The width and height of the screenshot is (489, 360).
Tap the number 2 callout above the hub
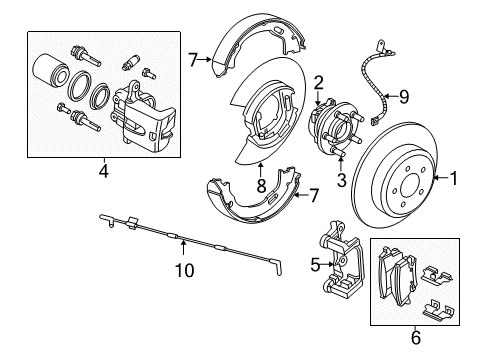[318, 83]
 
